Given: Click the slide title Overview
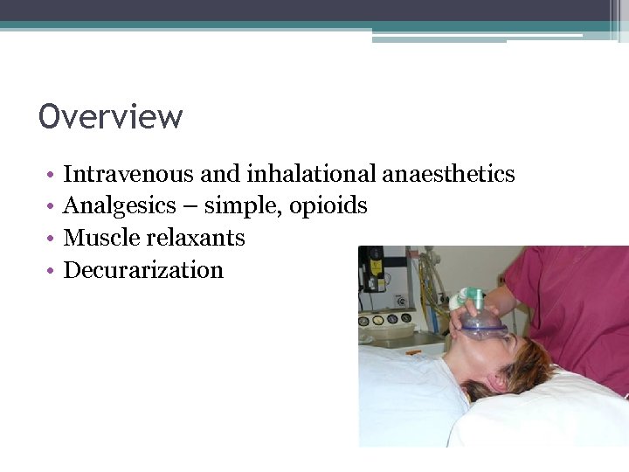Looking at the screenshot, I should click(111, 116).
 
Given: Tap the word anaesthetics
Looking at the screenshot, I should click(448, 174).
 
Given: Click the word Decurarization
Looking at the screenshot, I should click(143, 270).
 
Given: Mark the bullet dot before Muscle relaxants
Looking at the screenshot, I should click(52, 239).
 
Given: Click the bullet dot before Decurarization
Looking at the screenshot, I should click(52, 271).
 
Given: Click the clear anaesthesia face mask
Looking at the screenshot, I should click(483, 327).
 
